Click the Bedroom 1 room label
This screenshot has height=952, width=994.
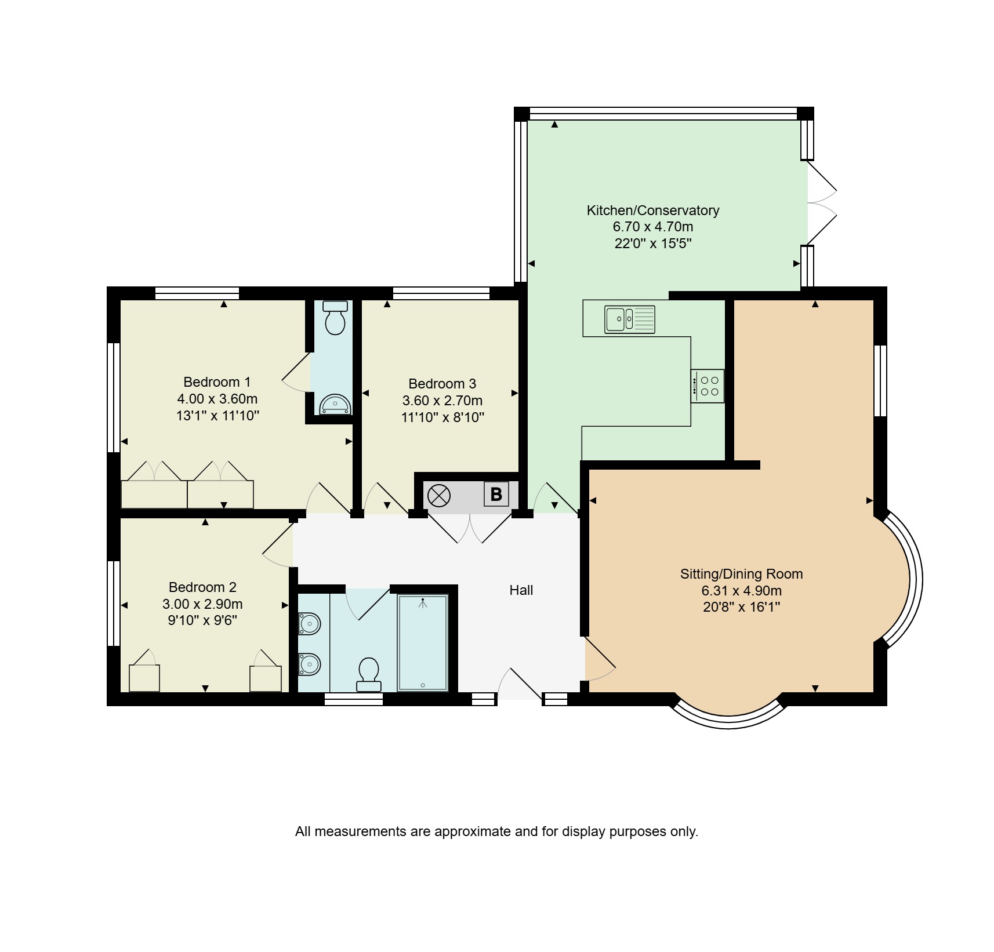point(217,382)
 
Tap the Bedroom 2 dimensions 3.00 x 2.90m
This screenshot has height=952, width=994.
point(202,604)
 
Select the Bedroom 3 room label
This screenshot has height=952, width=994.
point(442,384)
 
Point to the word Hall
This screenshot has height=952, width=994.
point(521,590)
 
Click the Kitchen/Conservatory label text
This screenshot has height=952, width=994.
point(653,210)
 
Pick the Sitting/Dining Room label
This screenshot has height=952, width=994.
point(742,574)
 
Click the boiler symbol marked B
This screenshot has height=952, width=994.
point(496,495)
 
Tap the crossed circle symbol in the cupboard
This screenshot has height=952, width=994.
point(439,496)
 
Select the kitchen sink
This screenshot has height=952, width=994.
point(630,319)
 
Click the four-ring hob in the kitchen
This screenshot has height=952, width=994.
point(708,386)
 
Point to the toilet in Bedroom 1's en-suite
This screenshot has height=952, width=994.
point(335,318)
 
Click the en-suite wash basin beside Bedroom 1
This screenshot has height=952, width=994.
point(336,404)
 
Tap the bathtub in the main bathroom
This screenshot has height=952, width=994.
point(423,643)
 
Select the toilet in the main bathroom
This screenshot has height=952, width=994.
point(369,675)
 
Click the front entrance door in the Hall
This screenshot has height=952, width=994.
point(520,684)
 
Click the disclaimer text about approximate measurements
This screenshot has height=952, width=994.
point(497,831)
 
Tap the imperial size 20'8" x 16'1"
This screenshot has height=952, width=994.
point(742,607)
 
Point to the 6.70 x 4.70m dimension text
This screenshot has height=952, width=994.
point(653,227)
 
